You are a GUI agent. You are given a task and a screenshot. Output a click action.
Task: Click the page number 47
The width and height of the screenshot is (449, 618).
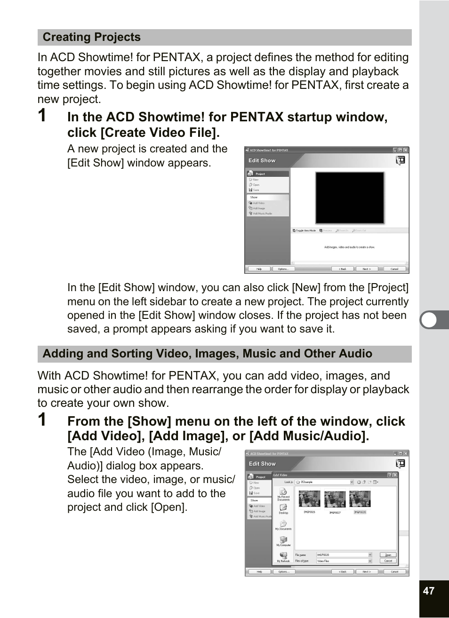click(428, 591)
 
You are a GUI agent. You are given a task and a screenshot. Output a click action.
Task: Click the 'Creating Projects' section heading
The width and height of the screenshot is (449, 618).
click(92, 37)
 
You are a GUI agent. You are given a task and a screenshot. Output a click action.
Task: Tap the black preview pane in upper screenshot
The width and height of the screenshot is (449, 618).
click(350, 198)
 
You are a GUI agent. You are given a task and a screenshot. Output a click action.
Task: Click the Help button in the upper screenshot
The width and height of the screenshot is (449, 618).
click(259, 269)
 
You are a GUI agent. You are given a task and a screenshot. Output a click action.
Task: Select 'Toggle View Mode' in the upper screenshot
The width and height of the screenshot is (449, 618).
click(305, 230)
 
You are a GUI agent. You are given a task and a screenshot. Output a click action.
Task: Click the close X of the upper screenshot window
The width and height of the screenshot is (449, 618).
click(406, 151)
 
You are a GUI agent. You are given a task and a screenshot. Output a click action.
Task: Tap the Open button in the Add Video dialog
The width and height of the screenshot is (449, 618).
click(388, 555)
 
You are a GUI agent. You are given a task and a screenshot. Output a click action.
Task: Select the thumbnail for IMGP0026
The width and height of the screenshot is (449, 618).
click(309, 499)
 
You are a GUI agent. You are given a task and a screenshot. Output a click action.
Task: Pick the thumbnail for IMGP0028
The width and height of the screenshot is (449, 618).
click(360, 499)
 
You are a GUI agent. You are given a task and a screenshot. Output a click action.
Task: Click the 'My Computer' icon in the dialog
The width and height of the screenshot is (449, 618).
click(284, 541)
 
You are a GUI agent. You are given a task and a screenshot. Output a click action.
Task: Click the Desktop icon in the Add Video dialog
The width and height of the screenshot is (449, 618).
click(283, 508)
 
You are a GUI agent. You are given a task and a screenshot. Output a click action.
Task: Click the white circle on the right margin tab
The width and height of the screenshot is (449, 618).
click(429, 320)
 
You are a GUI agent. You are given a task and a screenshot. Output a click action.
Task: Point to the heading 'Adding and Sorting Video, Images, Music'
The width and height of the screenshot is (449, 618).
click(207, 354)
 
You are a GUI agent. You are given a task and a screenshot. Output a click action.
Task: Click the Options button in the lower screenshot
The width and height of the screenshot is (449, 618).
click(283, 572)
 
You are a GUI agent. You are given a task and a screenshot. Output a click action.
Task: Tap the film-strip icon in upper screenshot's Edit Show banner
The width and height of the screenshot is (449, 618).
click(400, 161)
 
